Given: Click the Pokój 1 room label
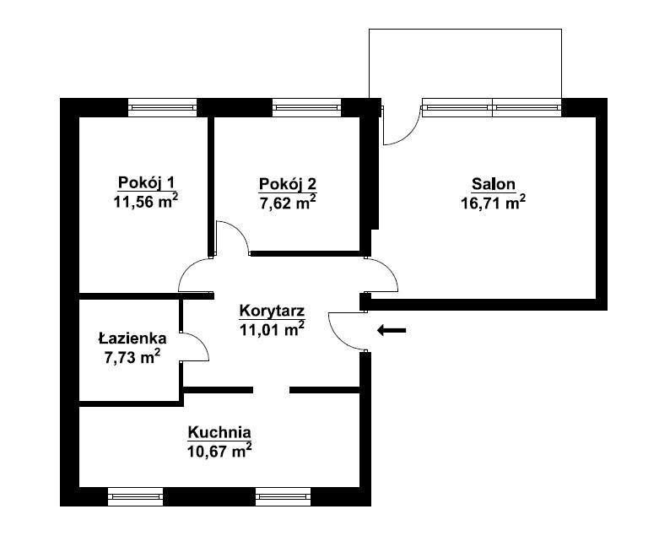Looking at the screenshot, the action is [146, 183].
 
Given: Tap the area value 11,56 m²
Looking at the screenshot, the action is [146, 201].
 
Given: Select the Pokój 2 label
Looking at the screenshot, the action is [288, 184].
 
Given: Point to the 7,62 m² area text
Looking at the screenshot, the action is [288, 202].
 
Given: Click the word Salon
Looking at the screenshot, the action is [494, 184].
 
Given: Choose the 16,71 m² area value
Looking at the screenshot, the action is [493, 202].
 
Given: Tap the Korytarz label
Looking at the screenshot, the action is [272, 311].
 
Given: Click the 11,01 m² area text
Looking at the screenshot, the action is [272, 329].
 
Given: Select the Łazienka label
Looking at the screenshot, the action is [132, 338].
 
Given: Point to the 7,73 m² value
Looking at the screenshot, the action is [132, 356].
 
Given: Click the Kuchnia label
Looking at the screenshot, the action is [219, 432].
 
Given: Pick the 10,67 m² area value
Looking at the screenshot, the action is [219, 451].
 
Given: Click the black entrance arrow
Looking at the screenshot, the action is [392, 330].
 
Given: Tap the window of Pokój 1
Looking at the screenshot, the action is [163, 108].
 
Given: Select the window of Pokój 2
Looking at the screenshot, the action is [307, 108].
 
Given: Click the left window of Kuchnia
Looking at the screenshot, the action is [136, 496].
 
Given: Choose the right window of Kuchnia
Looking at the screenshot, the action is [284, 496].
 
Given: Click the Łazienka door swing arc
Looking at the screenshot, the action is [202, 340].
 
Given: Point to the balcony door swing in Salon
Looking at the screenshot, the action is [409, 133].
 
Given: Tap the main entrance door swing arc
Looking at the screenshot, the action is [334, 336].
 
